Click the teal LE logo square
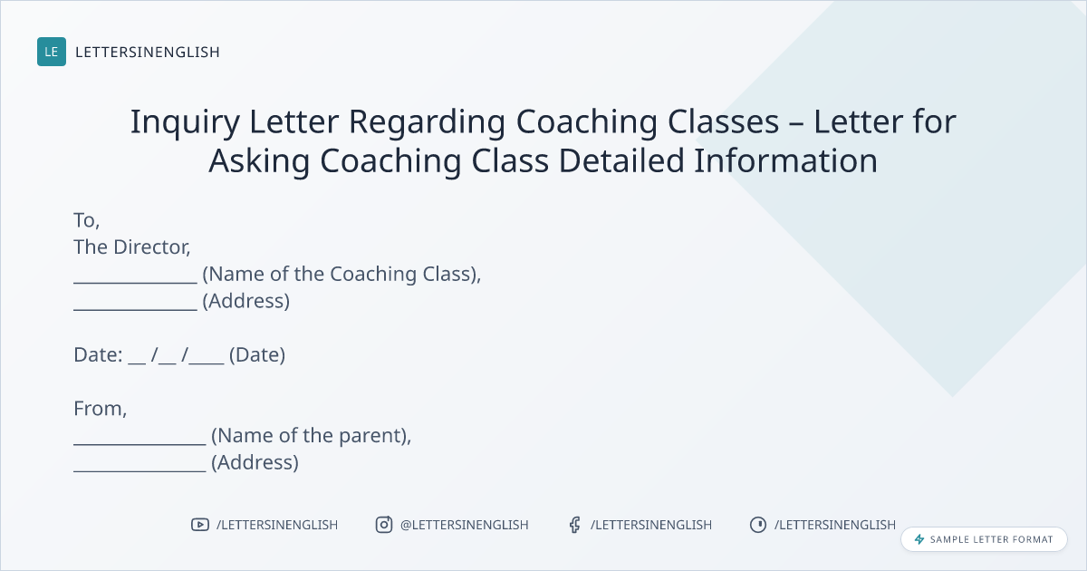point(52,52)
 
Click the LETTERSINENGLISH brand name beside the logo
point(148,52)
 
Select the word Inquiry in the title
point(185,121)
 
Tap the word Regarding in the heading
point(427,121)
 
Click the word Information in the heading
point(785,160)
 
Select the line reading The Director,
point(132,247)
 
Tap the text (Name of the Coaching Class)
point(341,274)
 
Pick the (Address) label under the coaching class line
point(246,301)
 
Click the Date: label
point(98,355)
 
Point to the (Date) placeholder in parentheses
point(257,355)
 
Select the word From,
point(101,409)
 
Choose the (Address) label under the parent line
point(255,462)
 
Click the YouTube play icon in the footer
point(200,525)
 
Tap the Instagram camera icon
point(384,525)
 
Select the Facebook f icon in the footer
point(574,525)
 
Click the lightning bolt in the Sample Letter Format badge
point(919,539)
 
